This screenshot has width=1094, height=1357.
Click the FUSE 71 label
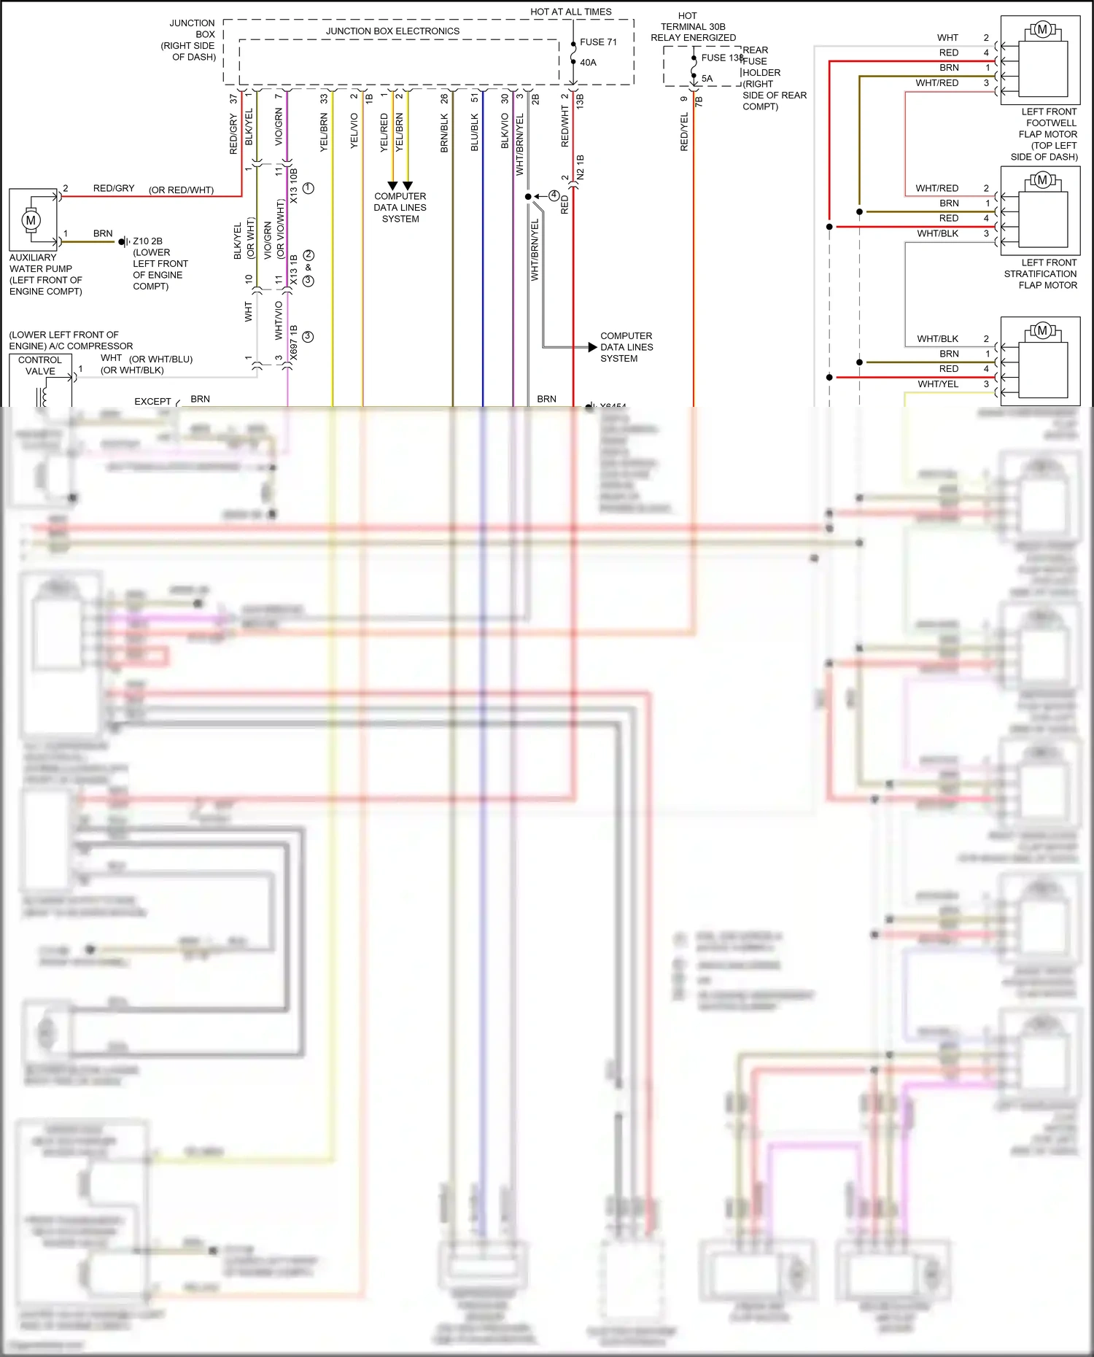coord(598,42)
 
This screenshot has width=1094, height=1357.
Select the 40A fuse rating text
coord(588,63)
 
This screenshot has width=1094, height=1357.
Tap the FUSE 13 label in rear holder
coord(721,58)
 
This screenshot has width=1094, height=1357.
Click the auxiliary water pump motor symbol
coord(31,220)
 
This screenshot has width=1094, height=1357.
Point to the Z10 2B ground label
coord(147,241)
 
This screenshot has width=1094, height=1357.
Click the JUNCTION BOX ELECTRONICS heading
coord(392,31)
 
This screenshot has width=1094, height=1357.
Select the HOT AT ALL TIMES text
coord(570,12)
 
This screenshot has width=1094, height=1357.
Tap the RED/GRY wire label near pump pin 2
coord(114,188)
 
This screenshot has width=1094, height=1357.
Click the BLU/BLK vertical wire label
coord(475,132)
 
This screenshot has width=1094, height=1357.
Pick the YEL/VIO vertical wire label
coord(354,131)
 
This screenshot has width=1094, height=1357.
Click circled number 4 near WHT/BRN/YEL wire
coord(554,195)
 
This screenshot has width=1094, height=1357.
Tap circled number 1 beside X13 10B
coord(309,188)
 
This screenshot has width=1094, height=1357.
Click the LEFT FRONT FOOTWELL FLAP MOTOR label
coord(1047,133)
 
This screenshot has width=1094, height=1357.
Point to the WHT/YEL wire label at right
coord(938,384)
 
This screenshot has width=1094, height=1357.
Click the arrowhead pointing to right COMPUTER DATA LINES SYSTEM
coord(592,347)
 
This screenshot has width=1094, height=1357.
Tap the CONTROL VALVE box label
coord(40,365)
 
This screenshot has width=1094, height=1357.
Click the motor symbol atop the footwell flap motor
coord(1042,30)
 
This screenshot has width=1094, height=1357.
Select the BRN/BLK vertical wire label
coord(444,132)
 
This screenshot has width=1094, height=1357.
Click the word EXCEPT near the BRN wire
coord(152,402)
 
